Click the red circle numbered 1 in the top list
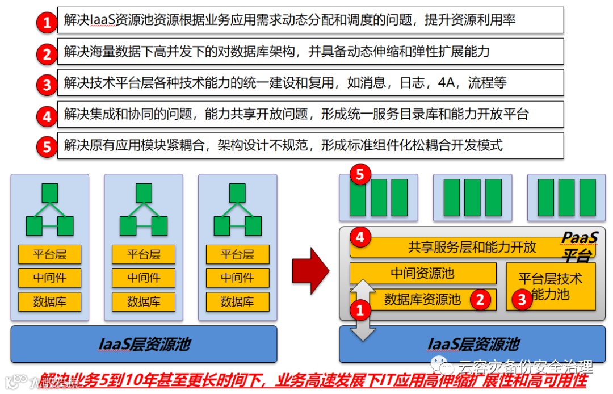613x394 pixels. tap(47, 23)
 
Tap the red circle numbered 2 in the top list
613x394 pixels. tap(47, 54)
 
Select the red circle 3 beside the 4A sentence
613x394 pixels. tap(47, 85)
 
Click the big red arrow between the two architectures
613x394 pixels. tap(310, 267)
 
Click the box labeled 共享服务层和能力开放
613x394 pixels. tap(454, 247)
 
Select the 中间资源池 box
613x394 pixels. tap(422, 273)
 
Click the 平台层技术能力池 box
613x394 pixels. tap(550, 286)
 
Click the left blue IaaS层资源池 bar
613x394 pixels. tap(144, 343)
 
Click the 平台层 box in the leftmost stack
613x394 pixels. tap(49, 254)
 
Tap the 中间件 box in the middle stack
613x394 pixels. tap(144, 278)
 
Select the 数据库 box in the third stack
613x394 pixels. tap(237, 301)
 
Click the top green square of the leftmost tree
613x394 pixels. tap(50, 193)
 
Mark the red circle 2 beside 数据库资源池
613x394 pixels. tap(481, 299)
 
